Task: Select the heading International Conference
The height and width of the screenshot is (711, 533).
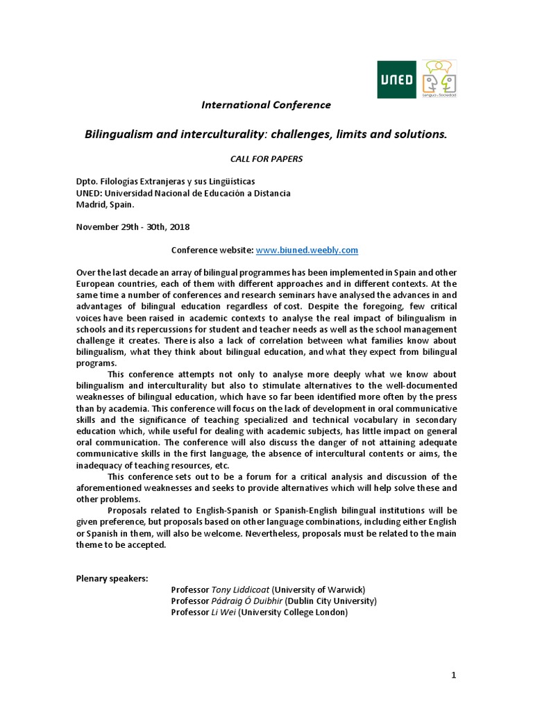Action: pos(266,105)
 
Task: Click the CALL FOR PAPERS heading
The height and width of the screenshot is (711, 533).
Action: pos(266,159)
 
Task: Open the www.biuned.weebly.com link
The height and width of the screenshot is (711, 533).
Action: pos(307,249)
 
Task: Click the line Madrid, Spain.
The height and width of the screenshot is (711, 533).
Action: pos(105,204)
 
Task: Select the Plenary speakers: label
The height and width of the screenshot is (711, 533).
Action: pos(112,578)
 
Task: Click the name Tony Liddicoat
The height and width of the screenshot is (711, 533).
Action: pos(240,589)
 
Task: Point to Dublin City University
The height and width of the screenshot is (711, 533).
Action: pos(330,601)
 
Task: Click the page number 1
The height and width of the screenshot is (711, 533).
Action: pos(453,674)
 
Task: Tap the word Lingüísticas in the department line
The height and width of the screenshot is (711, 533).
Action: pos(217,182)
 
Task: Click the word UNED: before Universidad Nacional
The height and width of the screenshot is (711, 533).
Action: pos(90,193)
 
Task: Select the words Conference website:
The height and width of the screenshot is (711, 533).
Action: pos(212,249)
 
